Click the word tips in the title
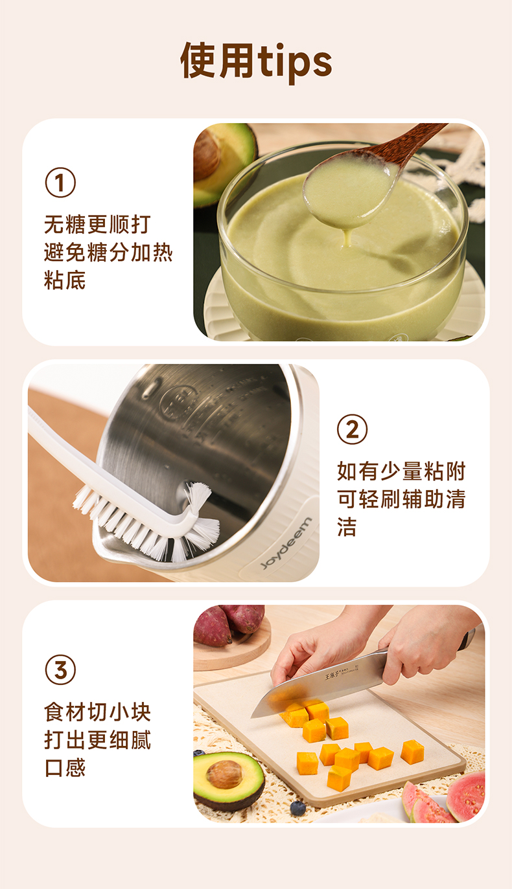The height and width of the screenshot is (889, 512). tap(295, 63)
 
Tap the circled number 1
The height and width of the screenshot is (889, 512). tap(60, 183)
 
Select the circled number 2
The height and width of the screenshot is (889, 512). tap(352, 429)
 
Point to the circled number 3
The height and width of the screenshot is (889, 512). tap(60, 670)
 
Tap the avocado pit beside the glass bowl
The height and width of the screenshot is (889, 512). tap(206, 154)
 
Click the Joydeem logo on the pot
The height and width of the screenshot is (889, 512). tap(286, 543)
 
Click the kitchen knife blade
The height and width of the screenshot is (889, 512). tap(318, 682)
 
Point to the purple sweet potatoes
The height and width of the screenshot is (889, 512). tap(228, 624)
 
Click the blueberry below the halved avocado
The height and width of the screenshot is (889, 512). tap(297, 808)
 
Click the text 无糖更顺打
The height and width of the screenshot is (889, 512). tap(97, 225)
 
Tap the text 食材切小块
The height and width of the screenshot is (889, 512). tap(97, 712)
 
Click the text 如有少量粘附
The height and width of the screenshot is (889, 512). tap(401, 471)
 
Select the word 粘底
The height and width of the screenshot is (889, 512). tap(65, 280)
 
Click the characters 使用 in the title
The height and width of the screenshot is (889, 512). tap(217, 60)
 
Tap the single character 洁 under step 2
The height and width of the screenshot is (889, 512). tap(347, 526)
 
